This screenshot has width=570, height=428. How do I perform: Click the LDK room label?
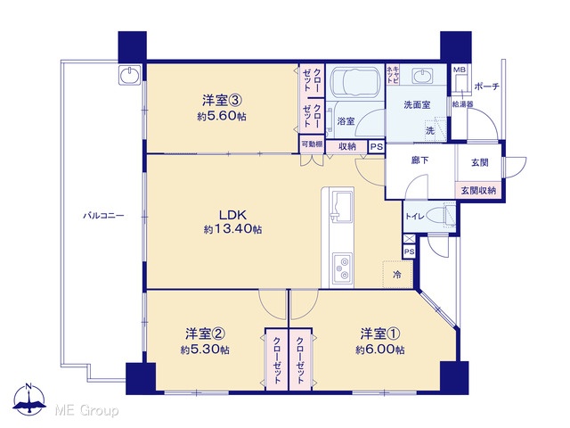pyautogui.click(x=233, y=215)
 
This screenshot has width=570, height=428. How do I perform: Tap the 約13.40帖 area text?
pyautogui.click(x=233, y=229)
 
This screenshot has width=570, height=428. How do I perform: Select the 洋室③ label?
pyautogui.click(x=222, y=100)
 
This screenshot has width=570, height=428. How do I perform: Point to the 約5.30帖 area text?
pyautogui.click(x=205, y=350)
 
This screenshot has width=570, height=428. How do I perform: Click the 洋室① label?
pyautogui.click(x=380, y=333)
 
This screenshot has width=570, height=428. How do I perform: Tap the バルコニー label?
pyautogui.click(x=103, y=216)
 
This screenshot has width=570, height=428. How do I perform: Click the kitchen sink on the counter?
pyautogui.click(x=341, y=206)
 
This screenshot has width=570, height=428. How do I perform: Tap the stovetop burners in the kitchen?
pyautogui.click(x=342, y=267)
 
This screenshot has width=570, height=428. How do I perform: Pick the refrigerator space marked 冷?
pyautogui.click(x=397, y=275)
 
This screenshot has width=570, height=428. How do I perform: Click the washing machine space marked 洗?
pyautogui.click(x=435, y=129)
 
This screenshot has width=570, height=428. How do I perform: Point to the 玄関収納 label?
pyautogui.click(x=478, y=190)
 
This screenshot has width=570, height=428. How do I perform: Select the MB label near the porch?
pyautogui.click(x=457, y=70)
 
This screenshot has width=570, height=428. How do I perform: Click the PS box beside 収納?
pyautogui.click(x=377, y=147)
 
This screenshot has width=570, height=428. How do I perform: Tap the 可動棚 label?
pyautogui.click(x=312, y=144)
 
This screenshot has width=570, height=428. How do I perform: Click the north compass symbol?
pyautogui.click(x=29, y=399)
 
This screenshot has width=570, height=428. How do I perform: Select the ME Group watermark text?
pyautogui.click(x=86, y=411)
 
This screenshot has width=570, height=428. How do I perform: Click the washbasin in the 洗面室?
pyautogui.click(x=422, y=77)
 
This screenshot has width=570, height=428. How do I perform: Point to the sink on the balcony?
pyautogui.click(x=129, y=76)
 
